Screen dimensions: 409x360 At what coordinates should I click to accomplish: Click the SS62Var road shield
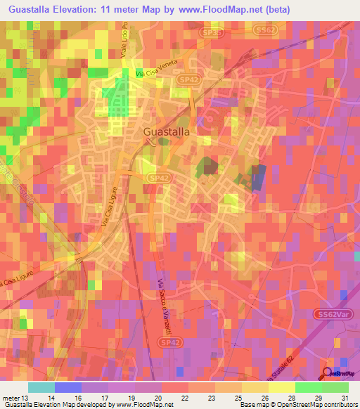333,313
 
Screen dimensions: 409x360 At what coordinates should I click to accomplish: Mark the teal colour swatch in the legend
41,387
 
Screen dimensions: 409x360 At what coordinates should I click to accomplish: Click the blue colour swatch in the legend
68,387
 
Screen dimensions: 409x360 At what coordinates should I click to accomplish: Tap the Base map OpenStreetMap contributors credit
296,404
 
